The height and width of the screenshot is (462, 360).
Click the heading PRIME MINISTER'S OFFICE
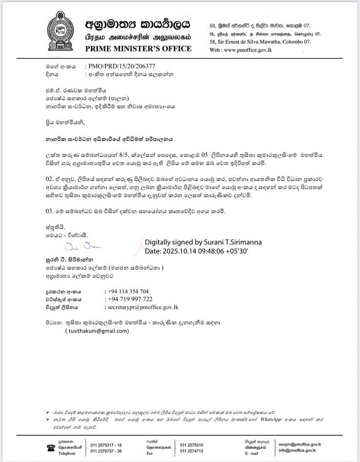coord(138,49)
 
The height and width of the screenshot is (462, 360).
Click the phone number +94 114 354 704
coord(129,291)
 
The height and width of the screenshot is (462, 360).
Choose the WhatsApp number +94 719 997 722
coord(130,299)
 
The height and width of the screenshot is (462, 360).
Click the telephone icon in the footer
coord(51,448)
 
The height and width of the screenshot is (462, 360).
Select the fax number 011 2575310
coord(192,445)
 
